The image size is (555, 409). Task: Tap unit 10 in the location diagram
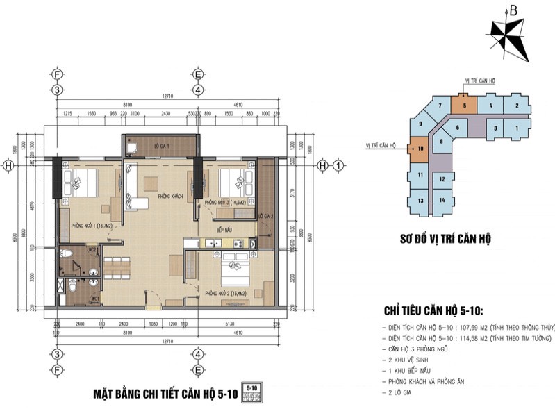420,148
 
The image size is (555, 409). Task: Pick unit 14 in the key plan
442,200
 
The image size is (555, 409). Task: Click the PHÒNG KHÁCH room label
169,197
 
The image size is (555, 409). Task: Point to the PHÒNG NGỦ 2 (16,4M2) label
224,293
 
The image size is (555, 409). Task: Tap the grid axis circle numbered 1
338,166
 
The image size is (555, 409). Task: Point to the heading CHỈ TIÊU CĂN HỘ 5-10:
438,310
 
